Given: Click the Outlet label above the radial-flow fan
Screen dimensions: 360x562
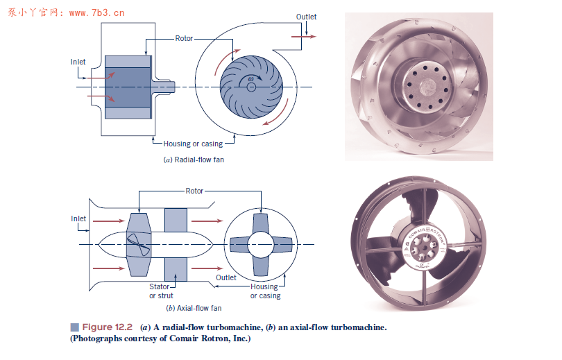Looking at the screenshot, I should coord(306,17).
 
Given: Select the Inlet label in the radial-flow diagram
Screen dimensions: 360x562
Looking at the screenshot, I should coord(78,62).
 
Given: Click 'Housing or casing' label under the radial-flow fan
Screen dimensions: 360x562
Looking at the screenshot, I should coord(193,144).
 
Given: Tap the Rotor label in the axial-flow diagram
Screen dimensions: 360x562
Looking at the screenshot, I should coord(194,191).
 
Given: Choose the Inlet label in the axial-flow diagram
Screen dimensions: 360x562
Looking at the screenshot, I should coord(78,218).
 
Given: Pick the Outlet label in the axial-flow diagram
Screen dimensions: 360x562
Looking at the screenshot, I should coord(225,277).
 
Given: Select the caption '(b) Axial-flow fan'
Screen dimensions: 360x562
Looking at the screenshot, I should coord(194,308).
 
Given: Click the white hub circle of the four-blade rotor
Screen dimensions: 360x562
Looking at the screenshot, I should coord(262,244).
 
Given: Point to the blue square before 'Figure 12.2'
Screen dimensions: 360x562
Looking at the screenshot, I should coord(74,327).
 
